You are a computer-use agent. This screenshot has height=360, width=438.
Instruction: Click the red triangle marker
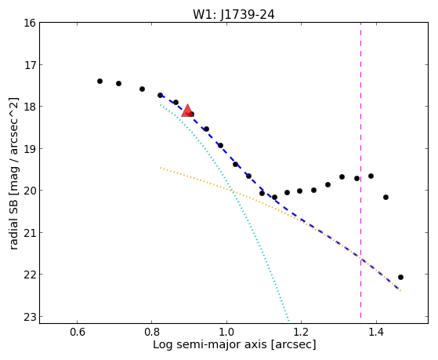coord(187,111)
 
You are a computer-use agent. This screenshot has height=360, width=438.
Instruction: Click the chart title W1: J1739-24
coord(233,15)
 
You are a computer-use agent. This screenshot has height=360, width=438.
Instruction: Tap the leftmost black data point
coord(100,81)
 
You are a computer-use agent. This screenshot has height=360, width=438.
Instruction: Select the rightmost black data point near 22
coord(400,277)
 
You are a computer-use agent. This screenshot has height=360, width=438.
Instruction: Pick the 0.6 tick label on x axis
coord(77,333)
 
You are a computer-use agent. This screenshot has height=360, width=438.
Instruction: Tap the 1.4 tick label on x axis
coord(376,333)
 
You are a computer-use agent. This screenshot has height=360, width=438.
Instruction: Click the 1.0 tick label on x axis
coord(226,333)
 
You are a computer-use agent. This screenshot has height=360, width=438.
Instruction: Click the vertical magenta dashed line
coord(360,170)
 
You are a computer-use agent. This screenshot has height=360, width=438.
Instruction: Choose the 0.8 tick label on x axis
coord(152,333)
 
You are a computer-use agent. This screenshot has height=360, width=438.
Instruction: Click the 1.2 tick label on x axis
coord(302,333)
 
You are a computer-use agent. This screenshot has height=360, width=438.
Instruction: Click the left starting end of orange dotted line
coord(161,168)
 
